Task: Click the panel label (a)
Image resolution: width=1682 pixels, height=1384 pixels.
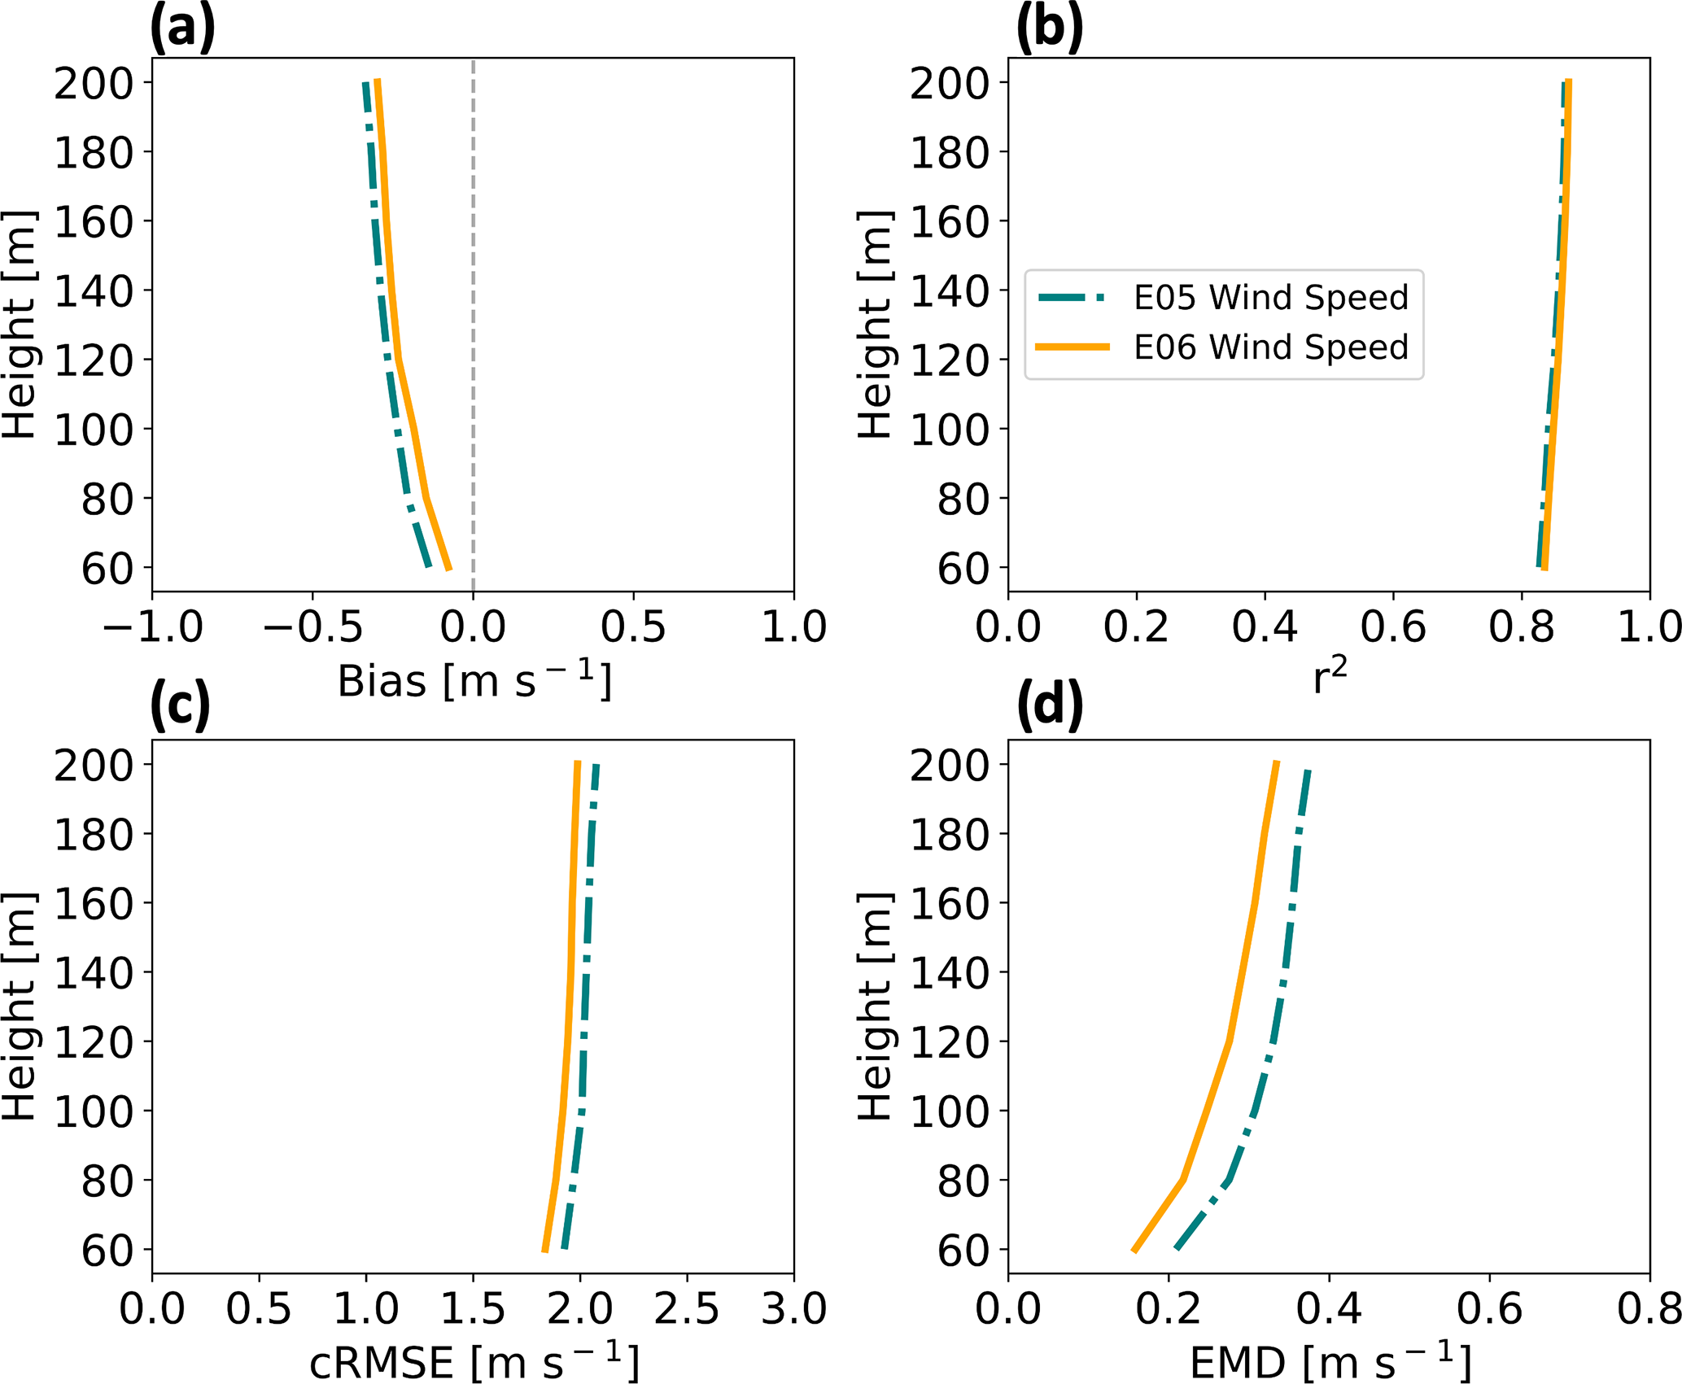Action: (182, 28)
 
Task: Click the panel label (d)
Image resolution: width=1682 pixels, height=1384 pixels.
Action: (1049, 705)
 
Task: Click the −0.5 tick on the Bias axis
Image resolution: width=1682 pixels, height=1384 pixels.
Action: (313, 627)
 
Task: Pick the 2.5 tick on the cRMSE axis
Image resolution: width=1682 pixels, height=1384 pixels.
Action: (687, 1309)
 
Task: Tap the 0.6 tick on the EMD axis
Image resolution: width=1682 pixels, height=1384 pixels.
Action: (1489, 1309)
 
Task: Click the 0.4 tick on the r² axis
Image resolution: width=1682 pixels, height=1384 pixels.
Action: (1265, 627)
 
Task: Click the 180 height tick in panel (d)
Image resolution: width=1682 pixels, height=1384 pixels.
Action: (949, 834)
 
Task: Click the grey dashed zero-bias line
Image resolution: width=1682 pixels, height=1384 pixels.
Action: (473, 325)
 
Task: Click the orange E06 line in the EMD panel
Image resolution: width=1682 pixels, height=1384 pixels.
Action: (1229, 1041)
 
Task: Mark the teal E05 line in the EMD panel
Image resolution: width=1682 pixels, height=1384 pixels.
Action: (1274, 1041)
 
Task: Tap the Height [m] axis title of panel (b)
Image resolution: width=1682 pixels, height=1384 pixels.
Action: (874, 325)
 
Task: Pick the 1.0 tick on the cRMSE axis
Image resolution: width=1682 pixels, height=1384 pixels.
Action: (366, 1309)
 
